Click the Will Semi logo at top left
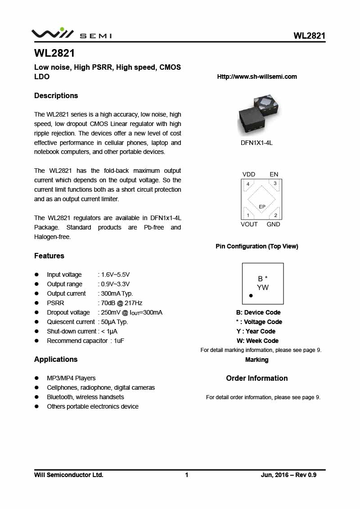point(71,34)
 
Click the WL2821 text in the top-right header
point(309,36)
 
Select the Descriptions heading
point(56,95)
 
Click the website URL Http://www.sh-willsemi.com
point(257,77)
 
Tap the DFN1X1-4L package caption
point(257,143)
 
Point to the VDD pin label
point(249,175)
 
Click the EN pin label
point(274,175)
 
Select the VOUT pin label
point(249,224)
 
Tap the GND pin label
point(274,224)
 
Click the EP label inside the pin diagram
point(262,207)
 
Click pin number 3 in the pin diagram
point(275,184)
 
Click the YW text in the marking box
point(263,288)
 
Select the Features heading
point(49,256)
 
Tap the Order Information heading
point(257,378)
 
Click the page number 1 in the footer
point(187,475)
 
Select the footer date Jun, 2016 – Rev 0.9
point(289,475)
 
